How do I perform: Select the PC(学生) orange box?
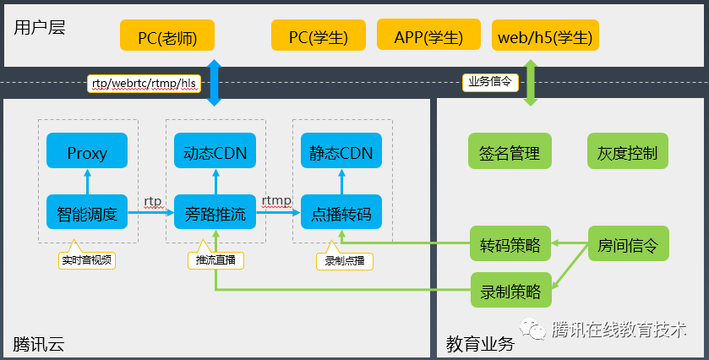point(319,37)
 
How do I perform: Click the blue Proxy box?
point(87,153)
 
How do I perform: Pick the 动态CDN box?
point(215,153)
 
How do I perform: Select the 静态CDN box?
point(341,153)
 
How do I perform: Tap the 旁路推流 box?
point(215,214)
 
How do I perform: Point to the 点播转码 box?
point(341,214)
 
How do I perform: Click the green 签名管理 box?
point(510,153)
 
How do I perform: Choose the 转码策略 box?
point(510,245)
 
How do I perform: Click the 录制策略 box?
point(510,291)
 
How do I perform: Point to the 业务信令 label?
point(489,82)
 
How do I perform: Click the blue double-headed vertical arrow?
point(214,83)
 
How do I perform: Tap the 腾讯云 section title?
point(39,344)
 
